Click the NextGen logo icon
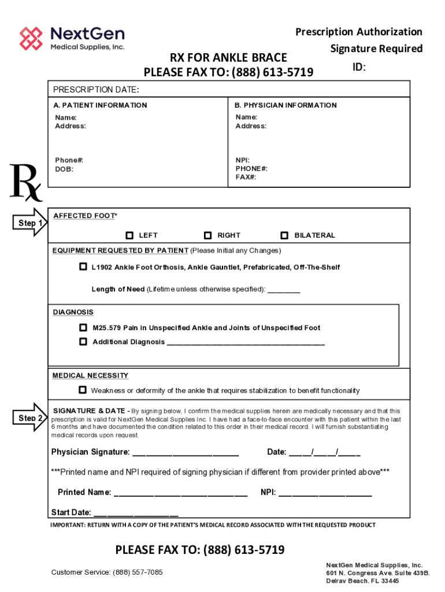click(31, 38)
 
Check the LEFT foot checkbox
click(130, 235)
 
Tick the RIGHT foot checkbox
click(208, 235)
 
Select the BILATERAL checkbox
click(284, 235)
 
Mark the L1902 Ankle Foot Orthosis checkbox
click(83, 267)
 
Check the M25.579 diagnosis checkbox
click(83, 328)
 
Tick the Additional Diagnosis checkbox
click(83, 342)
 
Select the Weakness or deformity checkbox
click(83, 390)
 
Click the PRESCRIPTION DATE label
click(96, 90)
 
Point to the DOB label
click(64, 169)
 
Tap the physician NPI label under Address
click(243, 160)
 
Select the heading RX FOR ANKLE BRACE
click(228, 57)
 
